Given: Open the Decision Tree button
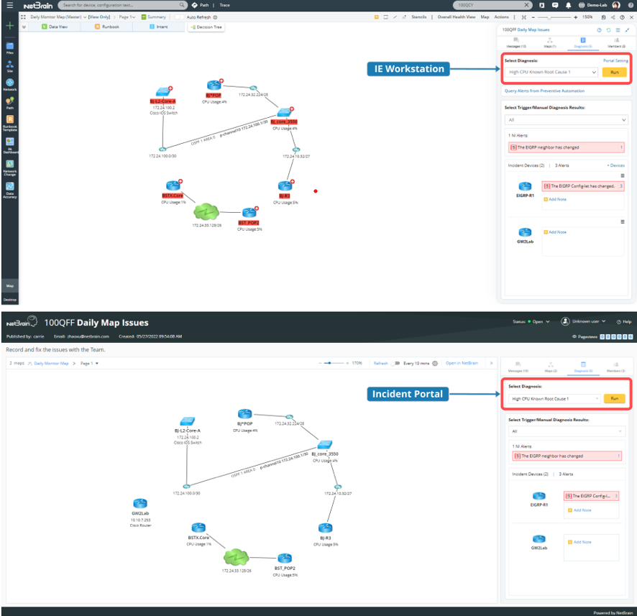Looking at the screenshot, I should (206, 27).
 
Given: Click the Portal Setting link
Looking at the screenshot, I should (615, 60).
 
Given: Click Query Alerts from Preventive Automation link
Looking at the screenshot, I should (544, 91).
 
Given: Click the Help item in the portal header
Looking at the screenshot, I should (624, 321).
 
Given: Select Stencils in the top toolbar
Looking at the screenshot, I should (419, 17).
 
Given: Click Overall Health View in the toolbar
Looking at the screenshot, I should (457, 17).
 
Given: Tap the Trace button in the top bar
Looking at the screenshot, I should (225, 5).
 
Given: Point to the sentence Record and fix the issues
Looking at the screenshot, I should (55, 349).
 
